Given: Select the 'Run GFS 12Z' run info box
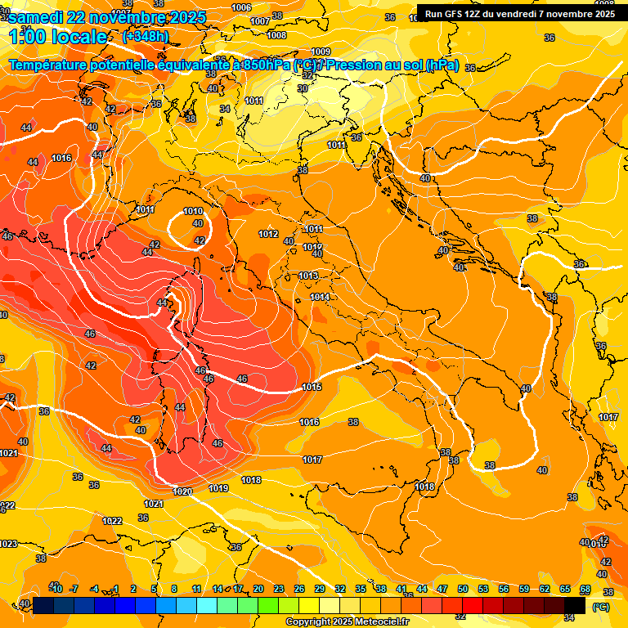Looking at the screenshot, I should coord(519,14).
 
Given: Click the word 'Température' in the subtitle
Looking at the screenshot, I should coord(52,65).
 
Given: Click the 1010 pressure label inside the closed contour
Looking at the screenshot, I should coord(193,211).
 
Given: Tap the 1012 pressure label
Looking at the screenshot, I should coord(268,234).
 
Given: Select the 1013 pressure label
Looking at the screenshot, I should coord(308,276).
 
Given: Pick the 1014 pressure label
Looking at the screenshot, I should coord(320,297).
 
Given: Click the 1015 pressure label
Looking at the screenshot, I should coord(312,387).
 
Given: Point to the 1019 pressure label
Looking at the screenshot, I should coord(218,488).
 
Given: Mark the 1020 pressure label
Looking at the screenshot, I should coord(182,491).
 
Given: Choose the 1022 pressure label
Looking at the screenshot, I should coord(112,521).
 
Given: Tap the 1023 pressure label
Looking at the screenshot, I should coord(8,544).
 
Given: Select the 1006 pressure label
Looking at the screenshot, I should coord(241,7).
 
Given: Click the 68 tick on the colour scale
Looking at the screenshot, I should coord(585,589).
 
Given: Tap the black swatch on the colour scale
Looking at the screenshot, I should coord(575,604).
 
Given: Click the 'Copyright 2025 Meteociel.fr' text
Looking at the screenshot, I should coord(347,621).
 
